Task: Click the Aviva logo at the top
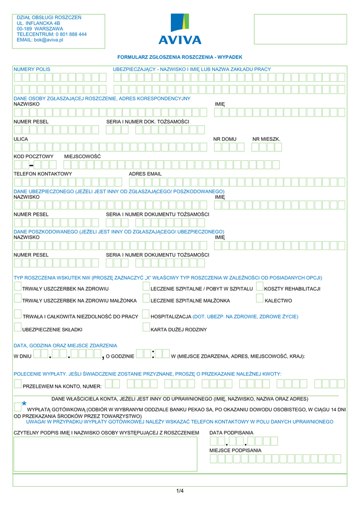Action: point(180,29)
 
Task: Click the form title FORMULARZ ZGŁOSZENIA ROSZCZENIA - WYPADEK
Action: point(179,58)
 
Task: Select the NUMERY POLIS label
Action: point(32,69)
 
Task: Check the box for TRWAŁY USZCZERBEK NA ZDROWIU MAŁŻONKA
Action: point(18,298)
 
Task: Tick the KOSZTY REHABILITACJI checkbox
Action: point(260,286)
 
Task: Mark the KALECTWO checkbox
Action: point(260,298)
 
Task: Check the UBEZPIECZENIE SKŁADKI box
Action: point(18,327)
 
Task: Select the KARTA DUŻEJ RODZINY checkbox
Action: point(146,327)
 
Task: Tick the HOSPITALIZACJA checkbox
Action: point(146,314)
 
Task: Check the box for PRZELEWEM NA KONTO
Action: point(18,383)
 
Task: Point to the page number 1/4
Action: point(180,491)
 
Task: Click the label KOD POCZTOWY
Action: point(33,156)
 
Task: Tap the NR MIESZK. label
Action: point(266,139)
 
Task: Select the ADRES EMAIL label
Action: point(145,174)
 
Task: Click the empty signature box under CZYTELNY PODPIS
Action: point(105,454)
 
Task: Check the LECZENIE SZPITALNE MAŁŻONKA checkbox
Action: point(146,298)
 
